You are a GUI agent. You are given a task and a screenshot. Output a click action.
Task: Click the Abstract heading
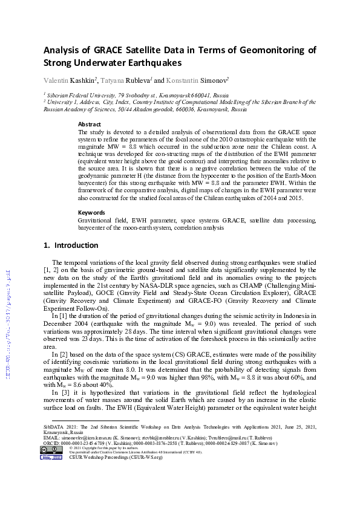(90, 123)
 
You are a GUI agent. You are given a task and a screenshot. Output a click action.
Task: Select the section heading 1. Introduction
(71, 245)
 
